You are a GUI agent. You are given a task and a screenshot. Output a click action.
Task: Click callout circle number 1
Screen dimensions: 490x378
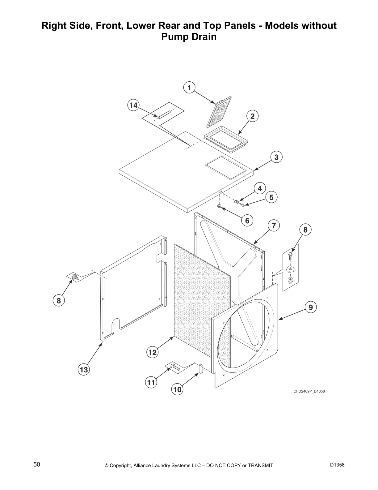pyautogui.click(x=189, y=88)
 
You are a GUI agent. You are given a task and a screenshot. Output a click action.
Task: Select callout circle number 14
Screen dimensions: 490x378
pyautogui.click(x=133, y=105)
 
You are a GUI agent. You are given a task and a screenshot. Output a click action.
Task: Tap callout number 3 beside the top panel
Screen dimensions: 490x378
pyautogui.click(x=276, y=157)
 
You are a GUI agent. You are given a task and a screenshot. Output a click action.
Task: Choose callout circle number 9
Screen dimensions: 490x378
pyautogui.click(x=311, y=307)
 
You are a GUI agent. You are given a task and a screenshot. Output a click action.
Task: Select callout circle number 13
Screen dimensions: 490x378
pyautogui.click(x=84, y=369)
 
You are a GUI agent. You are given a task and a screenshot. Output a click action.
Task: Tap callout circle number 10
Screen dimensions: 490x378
pyautogui.click(x=177, y=390)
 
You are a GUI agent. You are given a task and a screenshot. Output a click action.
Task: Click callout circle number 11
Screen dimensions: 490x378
pyautogui.click(x=151, y=383)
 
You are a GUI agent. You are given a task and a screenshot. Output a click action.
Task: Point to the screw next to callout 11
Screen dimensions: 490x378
pyautogui.click(x=174, y=367)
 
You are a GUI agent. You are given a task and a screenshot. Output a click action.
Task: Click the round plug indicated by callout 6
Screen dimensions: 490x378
pyautogui.click(x=219, y=206)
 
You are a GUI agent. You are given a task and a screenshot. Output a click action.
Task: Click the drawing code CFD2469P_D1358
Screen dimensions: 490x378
pyautogui.click(x=309, y=391)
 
